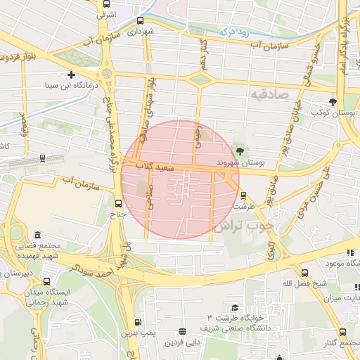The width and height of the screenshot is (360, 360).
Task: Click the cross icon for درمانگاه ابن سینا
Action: click(70, 75)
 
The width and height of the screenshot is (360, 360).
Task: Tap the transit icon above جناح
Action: click(118, 205)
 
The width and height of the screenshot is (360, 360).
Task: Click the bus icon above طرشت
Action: click(243, 195)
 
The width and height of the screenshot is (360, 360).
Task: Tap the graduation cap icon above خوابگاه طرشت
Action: click(234, 307)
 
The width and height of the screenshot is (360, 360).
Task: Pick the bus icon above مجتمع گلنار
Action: click(342, 332)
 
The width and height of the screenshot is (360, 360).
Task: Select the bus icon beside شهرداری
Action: click(141, 20)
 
